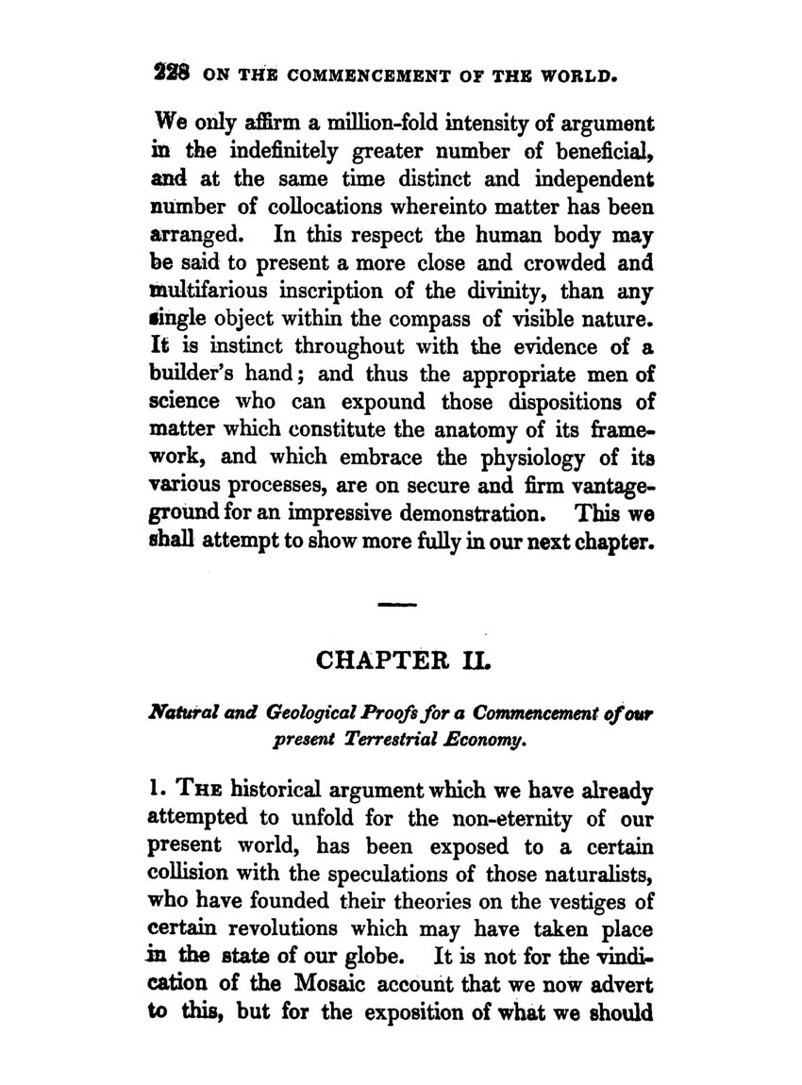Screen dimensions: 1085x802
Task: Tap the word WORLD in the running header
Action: click(x=580, y=73)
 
